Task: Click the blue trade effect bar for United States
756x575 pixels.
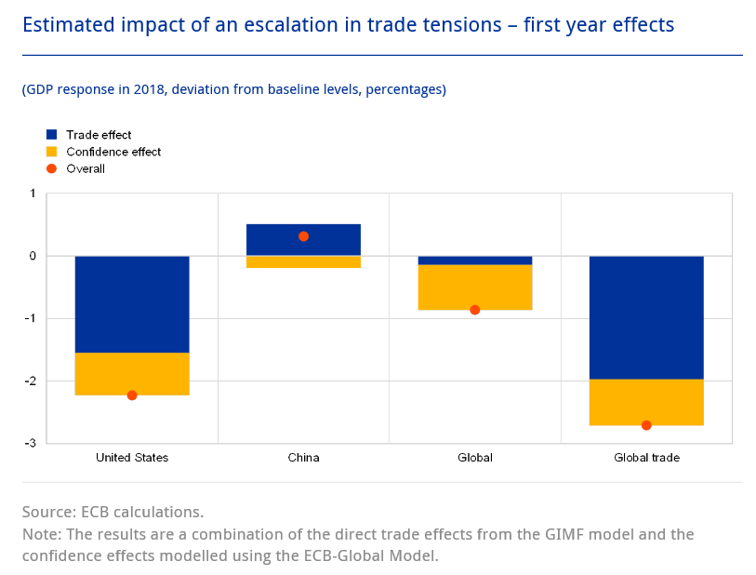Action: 132,304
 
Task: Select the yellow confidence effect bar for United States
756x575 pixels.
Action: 132,373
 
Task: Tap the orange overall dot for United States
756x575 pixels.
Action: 132,395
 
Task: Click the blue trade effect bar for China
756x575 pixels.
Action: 303,240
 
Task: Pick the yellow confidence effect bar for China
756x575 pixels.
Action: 303,262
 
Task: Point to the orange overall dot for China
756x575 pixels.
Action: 303,236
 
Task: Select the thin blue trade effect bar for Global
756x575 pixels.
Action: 474,261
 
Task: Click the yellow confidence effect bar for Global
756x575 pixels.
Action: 474,287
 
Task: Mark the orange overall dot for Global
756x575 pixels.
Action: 474,310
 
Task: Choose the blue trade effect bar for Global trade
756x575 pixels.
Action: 646,317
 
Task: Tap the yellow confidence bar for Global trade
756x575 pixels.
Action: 646,402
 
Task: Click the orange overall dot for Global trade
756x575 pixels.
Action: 646,425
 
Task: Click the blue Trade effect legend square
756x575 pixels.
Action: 52,135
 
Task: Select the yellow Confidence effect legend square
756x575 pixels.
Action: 52,152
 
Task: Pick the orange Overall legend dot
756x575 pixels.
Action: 52,168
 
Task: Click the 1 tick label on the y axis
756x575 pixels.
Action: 33,194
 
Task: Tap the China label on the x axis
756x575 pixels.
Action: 303,458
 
